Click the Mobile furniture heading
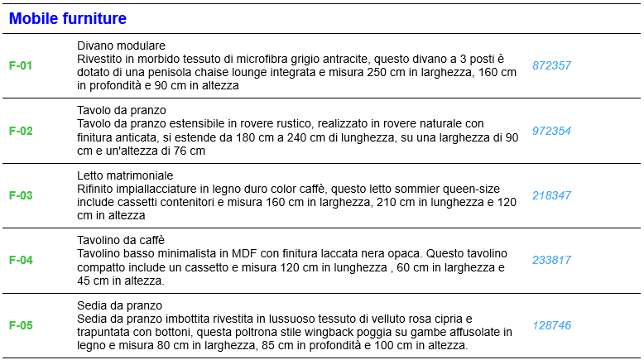coord(68,18)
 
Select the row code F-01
coord(21,65)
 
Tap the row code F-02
coord(21,131)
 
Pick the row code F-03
coord(21,195)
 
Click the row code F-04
coord(21,260)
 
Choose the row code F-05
coord(21,325)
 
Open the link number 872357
coord(551,65)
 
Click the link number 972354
coord(551,131)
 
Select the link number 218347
coord(551,195)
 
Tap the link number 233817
coord(551,260)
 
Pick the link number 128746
coord(551,325)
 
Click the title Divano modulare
coord(122,46)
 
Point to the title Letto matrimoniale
coord(125,175)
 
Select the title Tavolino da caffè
coord(121,240)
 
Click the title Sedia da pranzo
coord(119,305)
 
